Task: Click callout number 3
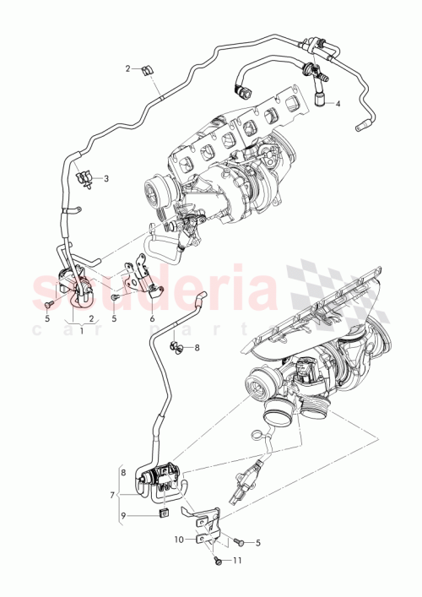[107, 178]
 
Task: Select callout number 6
[152, 319]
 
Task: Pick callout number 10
[180, 539]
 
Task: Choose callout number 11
[237, 559]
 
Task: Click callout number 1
[82, 330]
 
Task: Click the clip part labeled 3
[86, 177]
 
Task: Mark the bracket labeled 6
[143, 279]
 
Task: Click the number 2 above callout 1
[90, 319]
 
